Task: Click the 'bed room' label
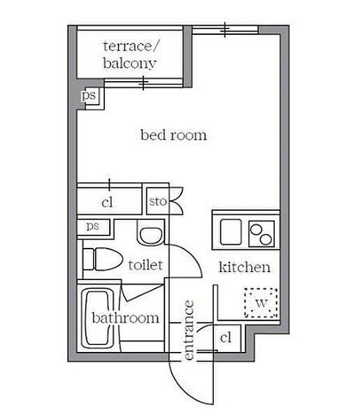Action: pyautogui.click(x=173, y=135)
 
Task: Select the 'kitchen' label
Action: pyautogui.click(x=244, y=267)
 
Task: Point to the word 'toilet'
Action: pyautogui.click(x=145, y=265)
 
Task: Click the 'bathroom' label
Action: pyautogui.click(x=125, y=318)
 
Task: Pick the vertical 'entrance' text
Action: pyautogui.click(x=189, y=330)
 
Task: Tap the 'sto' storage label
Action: pyautogui.click(x=157, y=203)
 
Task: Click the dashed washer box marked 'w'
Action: pyautogui.click(x=260, y=303)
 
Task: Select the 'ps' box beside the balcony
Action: pyautogui.click(x=89, y=96)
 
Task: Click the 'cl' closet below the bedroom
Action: pyautogui.click(x=107, y=203)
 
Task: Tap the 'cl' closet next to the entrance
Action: pyautogui.click(x=225, y=338)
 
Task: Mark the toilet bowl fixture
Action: pyautogui.click(x=97, y=260)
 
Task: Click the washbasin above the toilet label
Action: pyautogui.click(x=150, y=234)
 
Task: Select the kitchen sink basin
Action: pyautogui.click(x=230, y=231)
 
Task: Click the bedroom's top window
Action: pyautogui.click(x=225, y=29)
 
